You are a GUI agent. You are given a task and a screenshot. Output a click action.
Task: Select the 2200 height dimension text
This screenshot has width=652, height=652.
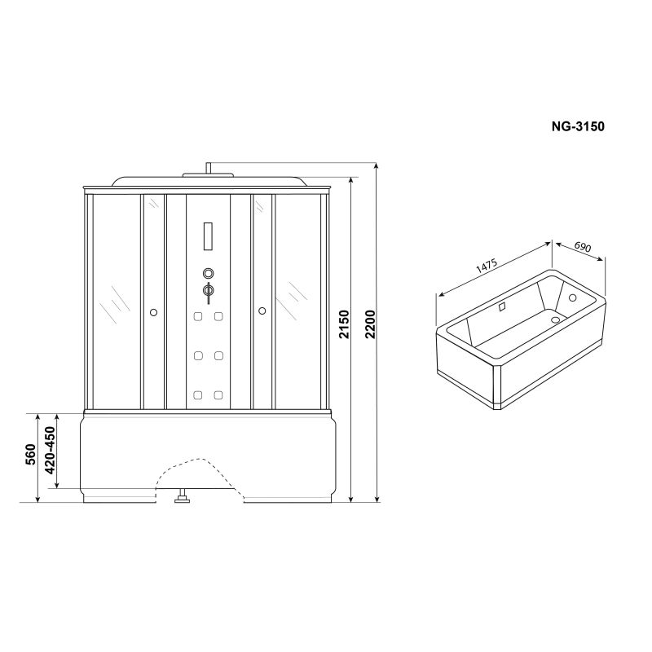tap(371, 329)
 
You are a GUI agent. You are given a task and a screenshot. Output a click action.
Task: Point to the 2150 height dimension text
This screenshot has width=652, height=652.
tap(344, 329)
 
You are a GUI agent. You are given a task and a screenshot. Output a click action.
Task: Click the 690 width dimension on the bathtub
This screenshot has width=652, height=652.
tap(582, 246)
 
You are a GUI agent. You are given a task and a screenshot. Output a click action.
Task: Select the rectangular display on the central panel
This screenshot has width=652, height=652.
tap(208, 237)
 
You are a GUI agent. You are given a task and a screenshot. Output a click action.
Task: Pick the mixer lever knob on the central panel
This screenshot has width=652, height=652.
tap(208, 291)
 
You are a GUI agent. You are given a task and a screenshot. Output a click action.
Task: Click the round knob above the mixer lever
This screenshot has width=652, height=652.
tap(208, 273)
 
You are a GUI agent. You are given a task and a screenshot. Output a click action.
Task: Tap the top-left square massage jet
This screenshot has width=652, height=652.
tap(197, 316)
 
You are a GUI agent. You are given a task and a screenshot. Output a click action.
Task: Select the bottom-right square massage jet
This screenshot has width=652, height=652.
tap(219, 396)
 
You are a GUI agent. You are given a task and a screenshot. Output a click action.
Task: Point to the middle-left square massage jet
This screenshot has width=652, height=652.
tap(197, 356)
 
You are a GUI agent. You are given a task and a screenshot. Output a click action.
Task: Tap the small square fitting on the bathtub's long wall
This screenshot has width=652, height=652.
tap(502, 307)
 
